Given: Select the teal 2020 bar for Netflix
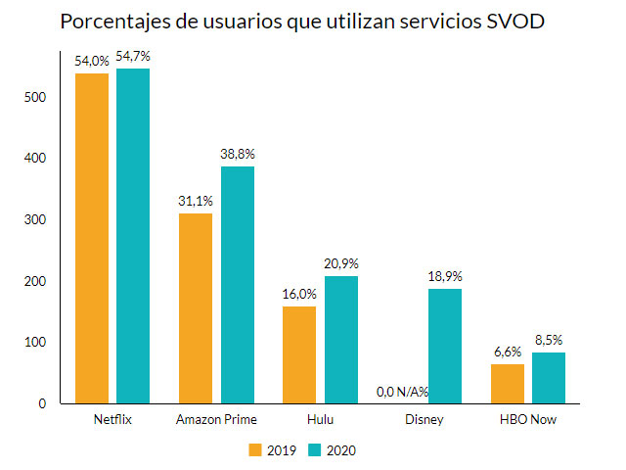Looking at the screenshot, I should pyautogui.click(x=133, y=235).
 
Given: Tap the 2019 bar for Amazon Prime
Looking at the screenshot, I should pyautogui.click(x=196, y=307).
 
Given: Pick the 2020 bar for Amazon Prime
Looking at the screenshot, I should pyautogui.click(x=238, y=284).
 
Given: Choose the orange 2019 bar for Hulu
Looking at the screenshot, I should pyautogui.click(x=299, y=354).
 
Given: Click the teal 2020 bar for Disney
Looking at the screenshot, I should pyautogui.click(x=445, y=346).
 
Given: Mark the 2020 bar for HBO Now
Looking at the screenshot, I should pyautogui.click(x=549, y=377).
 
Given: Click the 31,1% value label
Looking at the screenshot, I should pyautogui.click(x=196, y=202).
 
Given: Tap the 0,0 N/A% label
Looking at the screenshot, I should pyautogui.click(x=404, y=393).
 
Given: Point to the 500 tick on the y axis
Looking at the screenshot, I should pyautogui.click(x=37, y=97).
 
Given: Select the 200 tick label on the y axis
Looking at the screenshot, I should pyautogui.click(x=37, y=281).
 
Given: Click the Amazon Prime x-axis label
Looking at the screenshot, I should pyautogui.click(x=216, y=419).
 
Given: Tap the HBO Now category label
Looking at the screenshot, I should pyautogui.click(x=528, y=419).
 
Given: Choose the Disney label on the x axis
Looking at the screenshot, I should pyautogui.click(x=425, y=419).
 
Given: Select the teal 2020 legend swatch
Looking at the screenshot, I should pyautogui.click(x=315, y=450).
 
